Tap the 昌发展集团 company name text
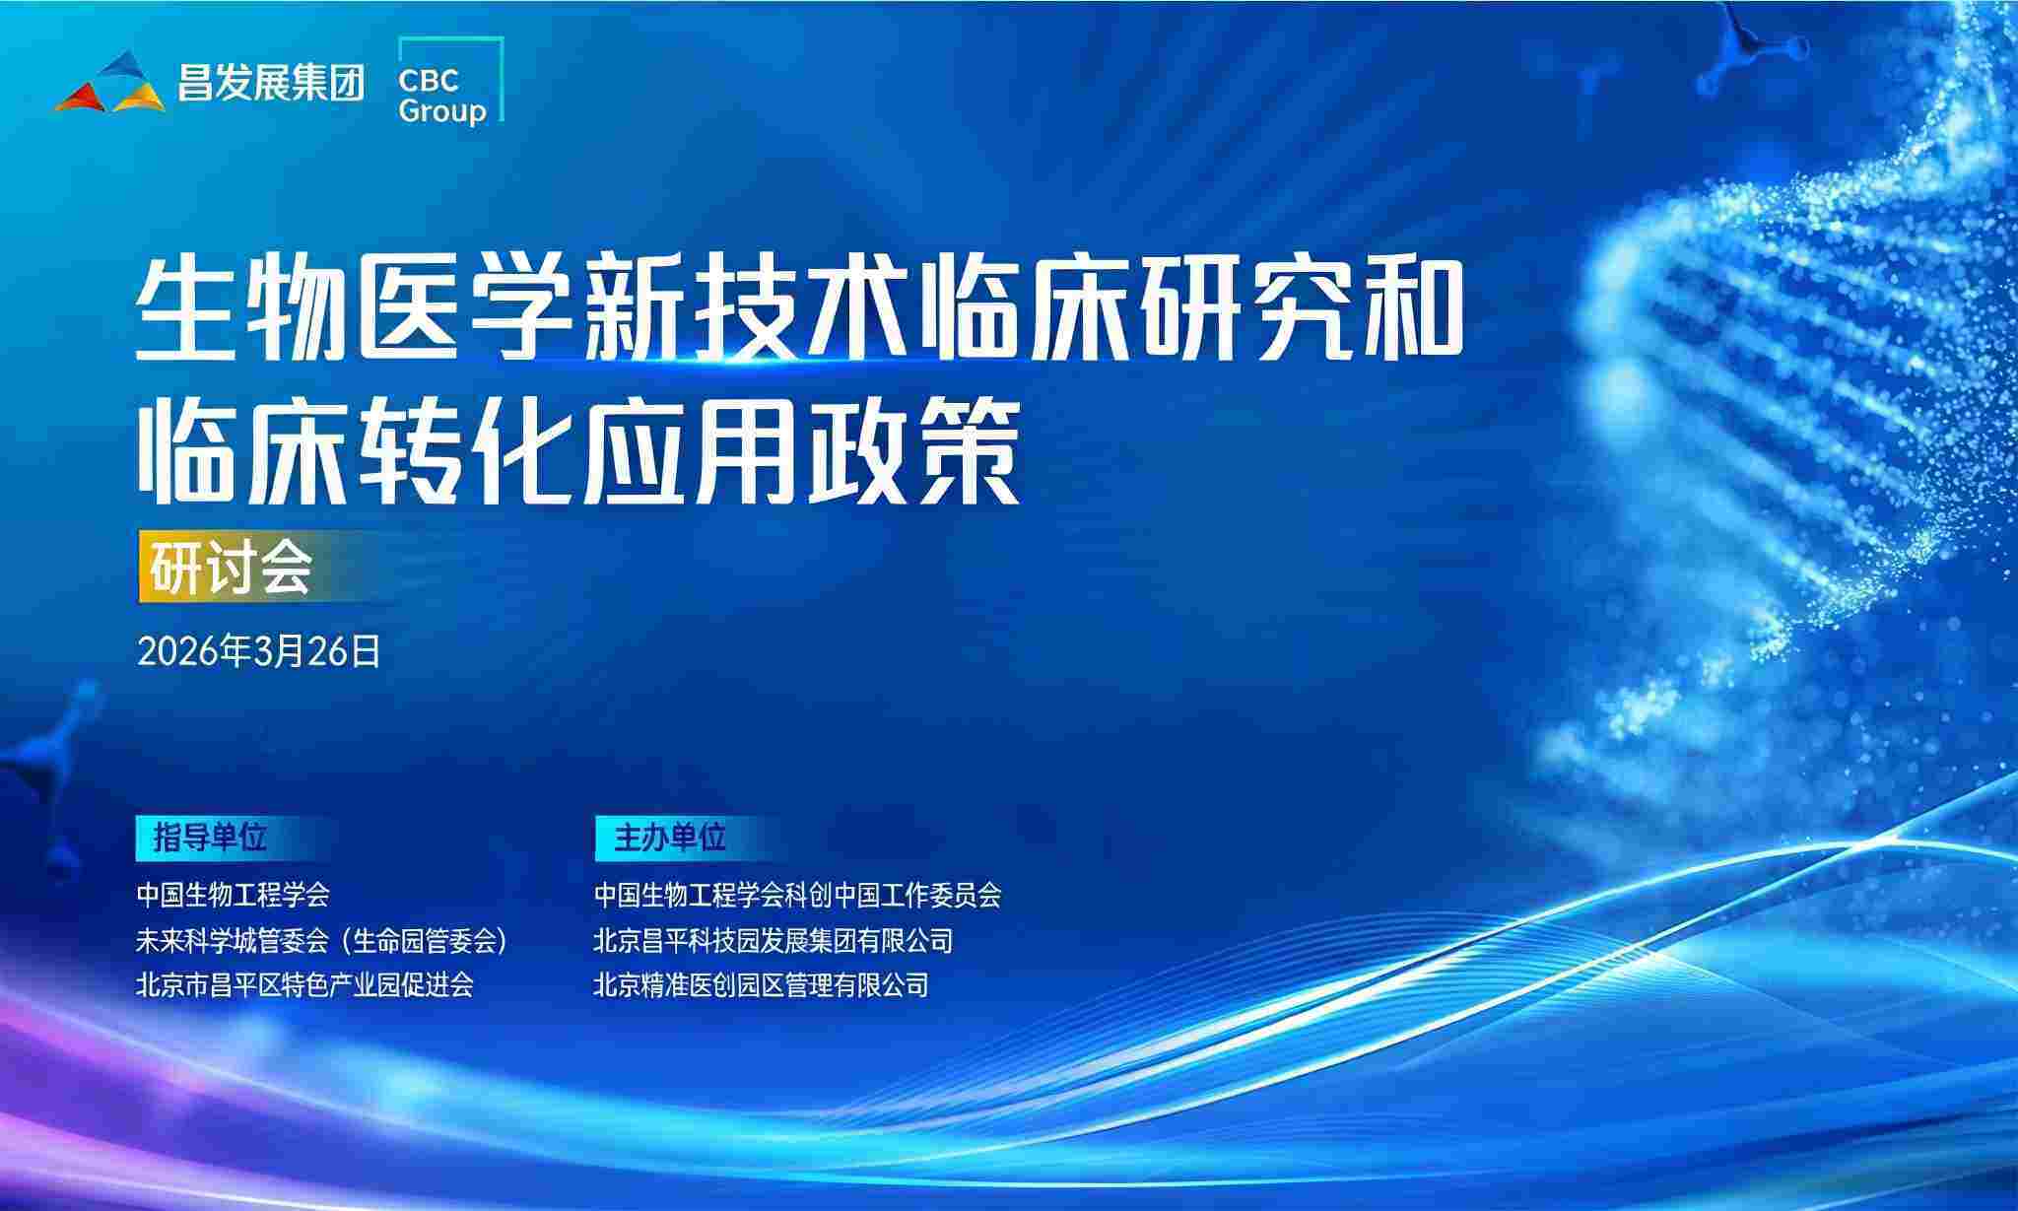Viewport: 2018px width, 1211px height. [271, 83]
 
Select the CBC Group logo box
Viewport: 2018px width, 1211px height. [450, 81]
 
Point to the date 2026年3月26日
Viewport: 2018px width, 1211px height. [259, 651]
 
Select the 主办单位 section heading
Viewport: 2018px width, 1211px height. [670, 838]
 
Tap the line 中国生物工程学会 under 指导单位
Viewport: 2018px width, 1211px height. [233, 895]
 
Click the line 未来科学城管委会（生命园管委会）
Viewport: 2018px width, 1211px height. [322, 941]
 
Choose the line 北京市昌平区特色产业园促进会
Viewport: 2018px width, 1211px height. [304, 984]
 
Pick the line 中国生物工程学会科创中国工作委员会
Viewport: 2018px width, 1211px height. [797, 895]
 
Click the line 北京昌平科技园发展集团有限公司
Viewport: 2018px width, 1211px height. [774, 941]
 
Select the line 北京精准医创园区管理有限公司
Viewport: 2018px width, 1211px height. [761, 984]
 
